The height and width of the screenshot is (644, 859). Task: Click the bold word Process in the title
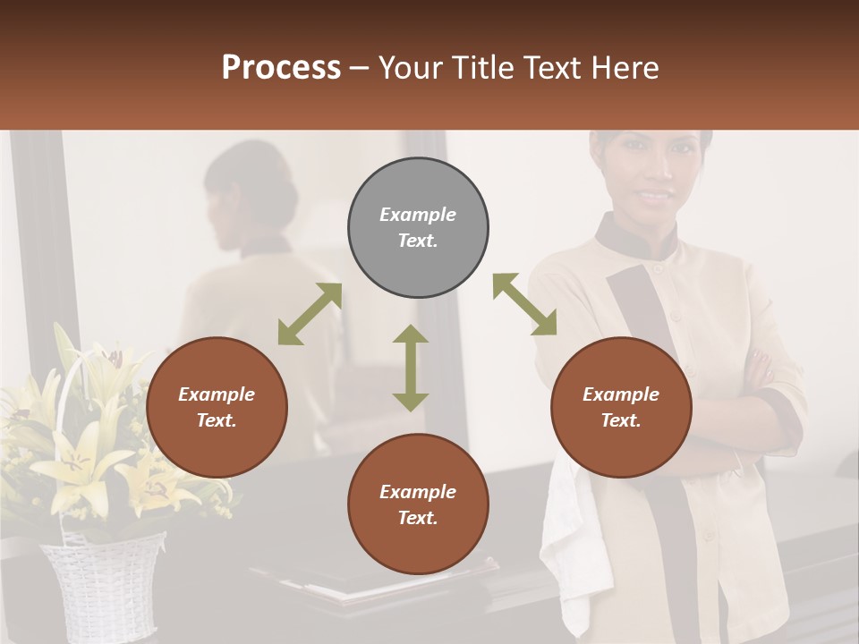(281, 68)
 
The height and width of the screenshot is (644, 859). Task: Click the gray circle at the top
(418, 228)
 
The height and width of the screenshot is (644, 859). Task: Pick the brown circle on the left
(217, 407)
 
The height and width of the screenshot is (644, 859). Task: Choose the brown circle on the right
(621, 407)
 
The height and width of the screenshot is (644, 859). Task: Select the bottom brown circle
(418, 504)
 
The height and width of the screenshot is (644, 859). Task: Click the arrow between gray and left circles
(310, 314)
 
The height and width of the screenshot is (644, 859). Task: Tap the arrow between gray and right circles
(524, 304)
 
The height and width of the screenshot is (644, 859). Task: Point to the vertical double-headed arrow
(411, 368)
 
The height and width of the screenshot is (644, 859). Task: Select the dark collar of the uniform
(626, 238)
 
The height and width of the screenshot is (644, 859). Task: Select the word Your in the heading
(412, 68)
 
